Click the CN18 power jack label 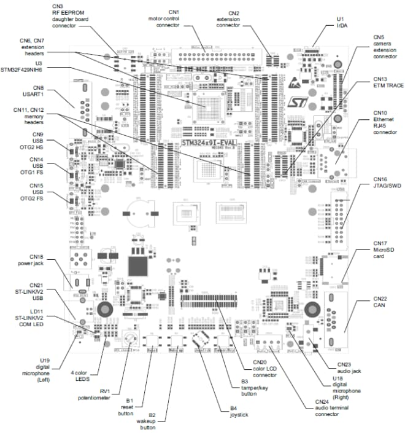pyautogui.click(x=25, y=260)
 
